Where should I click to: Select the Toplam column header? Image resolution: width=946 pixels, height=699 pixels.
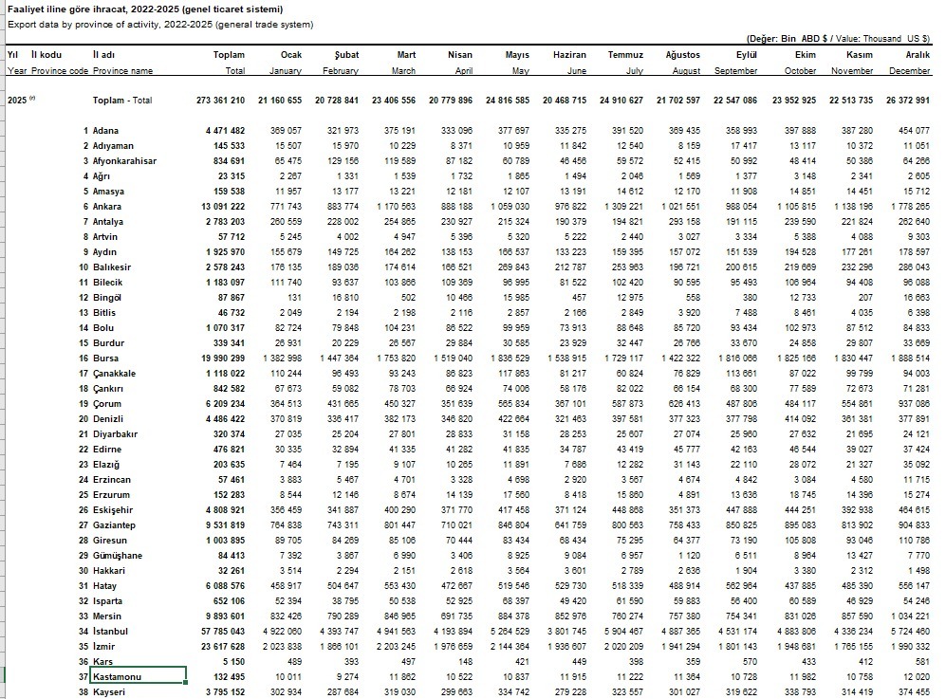(229, 55)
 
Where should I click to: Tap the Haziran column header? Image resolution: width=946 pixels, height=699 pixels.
(569, 55)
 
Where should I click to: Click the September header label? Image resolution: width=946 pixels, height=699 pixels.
(735, 71)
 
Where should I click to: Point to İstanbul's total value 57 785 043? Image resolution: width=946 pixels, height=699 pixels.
(218, 631)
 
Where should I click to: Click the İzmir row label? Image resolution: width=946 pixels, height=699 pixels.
(104, 646)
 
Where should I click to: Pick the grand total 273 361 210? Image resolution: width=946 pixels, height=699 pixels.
(218, 101)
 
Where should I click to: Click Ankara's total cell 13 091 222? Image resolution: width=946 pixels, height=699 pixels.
(218, 207)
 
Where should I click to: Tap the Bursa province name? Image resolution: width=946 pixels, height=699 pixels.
(106, 359)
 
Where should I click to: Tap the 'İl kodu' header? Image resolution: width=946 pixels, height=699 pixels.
(46, 55)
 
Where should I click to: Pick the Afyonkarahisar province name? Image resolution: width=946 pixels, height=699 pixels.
(125, 161)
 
